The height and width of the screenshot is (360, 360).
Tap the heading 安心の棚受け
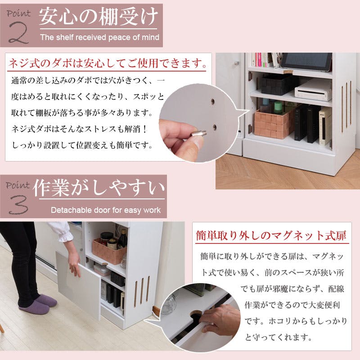tap(99, 17)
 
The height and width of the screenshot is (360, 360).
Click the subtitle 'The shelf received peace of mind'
tap(99, 37)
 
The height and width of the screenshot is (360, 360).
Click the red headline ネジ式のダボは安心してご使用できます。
tap(108, 63)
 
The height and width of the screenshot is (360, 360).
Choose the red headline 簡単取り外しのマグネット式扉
tap(271, 236)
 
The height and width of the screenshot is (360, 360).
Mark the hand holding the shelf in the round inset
tap(220, 320)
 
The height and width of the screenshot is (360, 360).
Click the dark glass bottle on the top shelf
tap(122, 239)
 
